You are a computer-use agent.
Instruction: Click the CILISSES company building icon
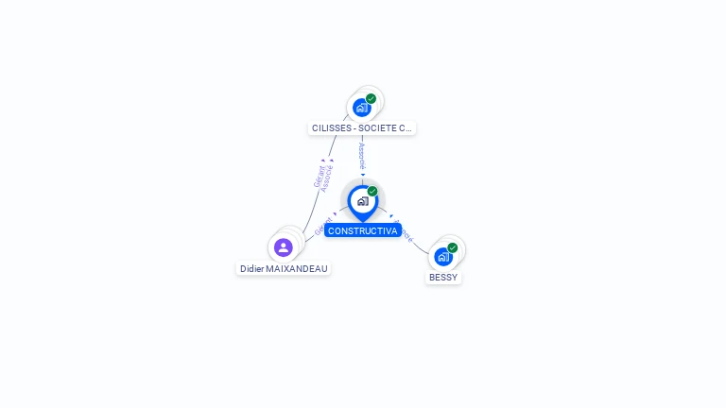point(361,108)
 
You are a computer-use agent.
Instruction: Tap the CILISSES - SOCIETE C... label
point(362,127)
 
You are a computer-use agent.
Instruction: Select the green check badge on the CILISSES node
point(371,98)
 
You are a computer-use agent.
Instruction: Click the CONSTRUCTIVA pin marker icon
point(362,201)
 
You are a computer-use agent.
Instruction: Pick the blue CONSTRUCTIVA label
point(362,230)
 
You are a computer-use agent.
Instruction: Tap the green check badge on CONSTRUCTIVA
point(372,192)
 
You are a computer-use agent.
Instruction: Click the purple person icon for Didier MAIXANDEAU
point(283,247)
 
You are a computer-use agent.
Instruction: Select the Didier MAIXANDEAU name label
point(284,268)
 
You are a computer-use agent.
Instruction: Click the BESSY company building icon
point(442,256)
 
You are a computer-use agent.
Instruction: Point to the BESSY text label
point(443,278)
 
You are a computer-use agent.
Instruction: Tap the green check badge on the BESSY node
point(453,247)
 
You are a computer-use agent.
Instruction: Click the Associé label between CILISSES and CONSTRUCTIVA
point(362,157)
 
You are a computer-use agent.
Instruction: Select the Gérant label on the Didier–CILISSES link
point(319,175)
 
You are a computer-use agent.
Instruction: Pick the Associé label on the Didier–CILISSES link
point(327,178)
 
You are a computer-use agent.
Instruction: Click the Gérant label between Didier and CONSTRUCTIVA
point(322,227)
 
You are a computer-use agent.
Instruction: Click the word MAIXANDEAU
point(297,268)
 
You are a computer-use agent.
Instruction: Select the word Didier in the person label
point(251,268)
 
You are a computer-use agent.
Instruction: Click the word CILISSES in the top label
point(331,127)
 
